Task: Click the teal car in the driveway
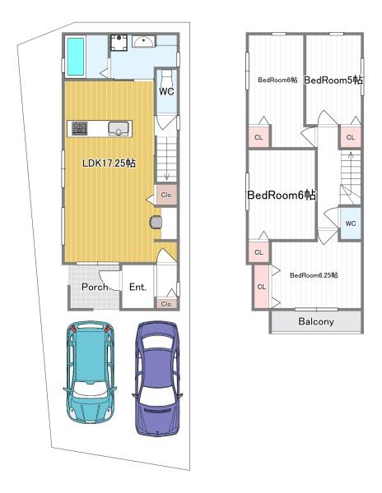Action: coord(90,372)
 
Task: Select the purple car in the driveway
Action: coord(157,378)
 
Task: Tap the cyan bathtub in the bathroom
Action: coord(76,57)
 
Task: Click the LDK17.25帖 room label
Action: coord(109,164)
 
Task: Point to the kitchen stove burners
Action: coord(79,128)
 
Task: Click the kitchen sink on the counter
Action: coord(119,129)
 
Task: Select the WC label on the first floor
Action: coord(166,91)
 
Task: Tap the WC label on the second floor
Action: coord(350,223)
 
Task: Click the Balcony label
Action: coord(316,321)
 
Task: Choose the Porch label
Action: coord(95,287)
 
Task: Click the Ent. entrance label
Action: coord(138,287)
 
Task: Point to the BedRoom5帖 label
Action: coord(333,81)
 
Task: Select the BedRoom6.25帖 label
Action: coord(314,275)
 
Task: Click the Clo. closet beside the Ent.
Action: coord(166,304)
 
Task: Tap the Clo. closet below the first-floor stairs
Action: coord(166,195)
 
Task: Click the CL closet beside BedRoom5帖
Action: coord(350,137)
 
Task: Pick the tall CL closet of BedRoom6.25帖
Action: coord(262,287)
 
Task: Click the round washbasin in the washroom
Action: coord(143,42)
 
